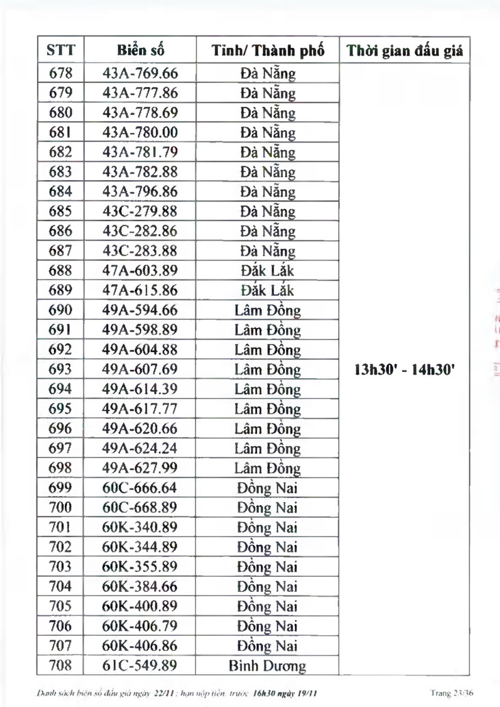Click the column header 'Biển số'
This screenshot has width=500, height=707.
coord(140,51)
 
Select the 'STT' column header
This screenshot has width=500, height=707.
coord(61,51)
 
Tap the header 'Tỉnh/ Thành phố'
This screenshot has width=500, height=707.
coord(268,51)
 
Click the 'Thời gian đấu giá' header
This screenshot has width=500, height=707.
coord(405,51)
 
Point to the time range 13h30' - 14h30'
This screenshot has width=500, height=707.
coord(405,370)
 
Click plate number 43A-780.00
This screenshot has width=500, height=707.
coord(140,132)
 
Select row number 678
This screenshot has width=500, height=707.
coord(61,73)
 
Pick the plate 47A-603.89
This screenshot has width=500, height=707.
coord(140,271)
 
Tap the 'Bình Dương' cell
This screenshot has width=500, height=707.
coord(268,665)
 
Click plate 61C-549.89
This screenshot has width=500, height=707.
coord(140,665)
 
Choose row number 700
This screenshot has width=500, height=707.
coord(61,508)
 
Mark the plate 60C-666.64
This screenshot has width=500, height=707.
coord(140,488)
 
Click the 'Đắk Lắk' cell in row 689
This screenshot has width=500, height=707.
coord(268,290)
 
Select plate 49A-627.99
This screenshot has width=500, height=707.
coord(140,468)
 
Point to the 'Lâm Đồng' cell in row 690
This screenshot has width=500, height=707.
coord(268,310)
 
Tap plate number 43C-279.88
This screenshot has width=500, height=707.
coord(140,211)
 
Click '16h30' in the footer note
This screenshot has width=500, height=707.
coord(265,693)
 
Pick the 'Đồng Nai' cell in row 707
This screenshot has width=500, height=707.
coord(268,645)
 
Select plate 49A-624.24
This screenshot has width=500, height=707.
coord(140,449)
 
